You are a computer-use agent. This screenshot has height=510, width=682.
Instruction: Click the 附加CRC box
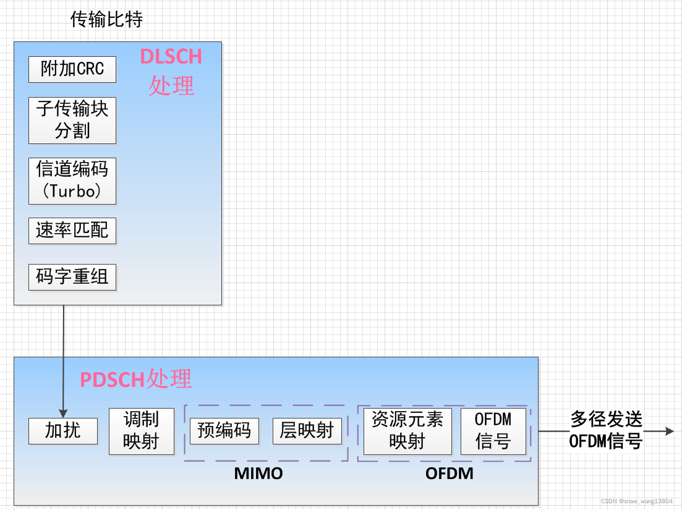72,69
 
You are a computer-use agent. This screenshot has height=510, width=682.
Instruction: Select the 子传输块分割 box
72,120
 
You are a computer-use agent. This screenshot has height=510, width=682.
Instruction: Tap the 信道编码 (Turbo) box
72,181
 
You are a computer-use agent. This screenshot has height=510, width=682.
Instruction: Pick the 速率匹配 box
72,231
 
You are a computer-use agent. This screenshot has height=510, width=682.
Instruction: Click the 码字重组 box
72,277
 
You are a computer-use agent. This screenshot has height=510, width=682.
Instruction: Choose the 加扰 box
63,431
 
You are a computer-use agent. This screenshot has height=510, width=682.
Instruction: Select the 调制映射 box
141,431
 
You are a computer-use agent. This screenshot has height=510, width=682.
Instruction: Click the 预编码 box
224,431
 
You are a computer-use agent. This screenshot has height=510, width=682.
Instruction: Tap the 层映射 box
307,431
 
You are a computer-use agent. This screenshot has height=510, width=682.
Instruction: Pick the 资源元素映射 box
407,431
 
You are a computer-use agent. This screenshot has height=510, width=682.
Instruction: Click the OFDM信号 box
493,431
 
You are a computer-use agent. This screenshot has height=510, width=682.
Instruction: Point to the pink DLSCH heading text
171,57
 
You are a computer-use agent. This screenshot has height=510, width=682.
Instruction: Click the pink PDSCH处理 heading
136,379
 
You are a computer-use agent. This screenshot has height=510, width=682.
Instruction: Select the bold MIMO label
258,474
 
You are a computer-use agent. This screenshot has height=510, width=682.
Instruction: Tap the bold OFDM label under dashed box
450,474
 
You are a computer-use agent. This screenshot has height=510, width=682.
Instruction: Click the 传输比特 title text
106,20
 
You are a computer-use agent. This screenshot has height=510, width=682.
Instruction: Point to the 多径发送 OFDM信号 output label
606,431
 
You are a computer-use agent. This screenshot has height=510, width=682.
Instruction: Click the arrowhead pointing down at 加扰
63,412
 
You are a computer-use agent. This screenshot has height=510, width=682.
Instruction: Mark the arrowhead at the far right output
670,431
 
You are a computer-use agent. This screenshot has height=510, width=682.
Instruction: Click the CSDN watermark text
636,501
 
